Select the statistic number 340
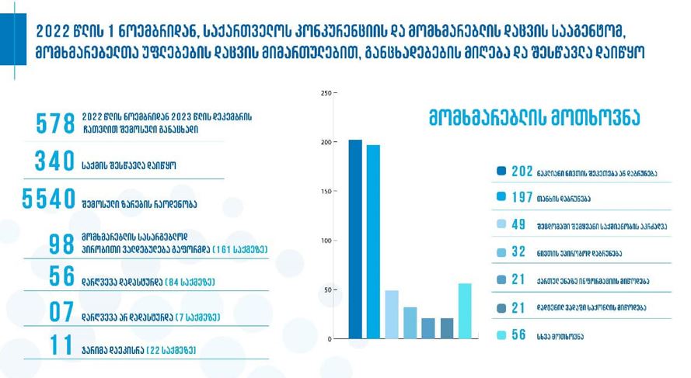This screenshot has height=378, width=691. click(54, 161)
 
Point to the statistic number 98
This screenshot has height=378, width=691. click(61, 244)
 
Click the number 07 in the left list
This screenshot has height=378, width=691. click(61, 313)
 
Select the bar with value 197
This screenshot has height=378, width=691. click(373, 241)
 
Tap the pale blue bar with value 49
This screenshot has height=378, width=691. click(392, 314)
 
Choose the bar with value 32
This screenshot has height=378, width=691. click(410, 323)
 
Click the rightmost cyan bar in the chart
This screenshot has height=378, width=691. click(465, 311)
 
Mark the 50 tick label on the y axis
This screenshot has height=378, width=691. click(327, 290)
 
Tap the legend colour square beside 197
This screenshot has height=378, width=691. click(501, 197)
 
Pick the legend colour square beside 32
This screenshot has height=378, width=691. click(501, 252)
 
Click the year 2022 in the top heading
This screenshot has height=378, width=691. click(53, 31)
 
